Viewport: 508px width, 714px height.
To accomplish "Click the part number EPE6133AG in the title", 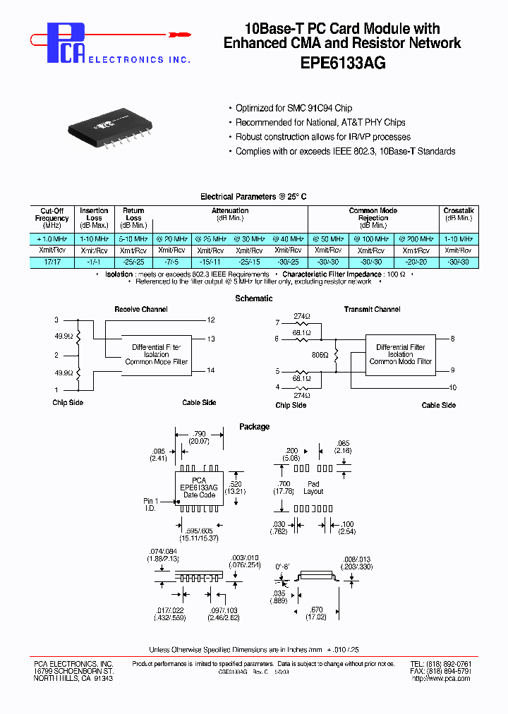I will pos(342,62).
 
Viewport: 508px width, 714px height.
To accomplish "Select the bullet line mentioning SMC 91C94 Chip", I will pos(294,108).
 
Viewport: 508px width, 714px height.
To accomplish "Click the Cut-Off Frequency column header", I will pos(52,218).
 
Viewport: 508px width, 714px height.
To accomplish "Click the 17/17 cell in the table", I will pos(52,262).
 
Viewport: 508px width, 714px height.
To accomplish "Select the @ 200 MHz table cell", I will pos(419,240).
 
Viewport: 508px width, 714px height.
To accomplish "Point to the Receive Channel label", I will pos(141,309).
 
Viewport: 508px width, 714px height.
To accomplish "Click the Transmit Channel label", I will pos(372,309).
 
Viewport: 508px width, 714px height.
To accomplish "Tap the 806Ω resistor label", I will pos(320,356).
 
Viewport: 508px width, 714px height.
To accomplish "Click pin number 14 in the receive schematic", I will pos(211,370).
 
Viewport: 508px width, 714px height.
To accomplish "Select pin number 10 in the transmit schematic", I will pos(452,387).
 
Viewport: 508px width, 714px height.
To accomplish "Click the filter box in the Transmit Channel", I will pos(400,354).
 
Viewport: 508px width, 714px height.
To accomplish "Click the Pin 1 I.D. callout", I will pos(152,504).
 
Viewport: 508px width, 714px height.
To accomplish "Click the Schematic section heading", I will pos(253,298).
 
